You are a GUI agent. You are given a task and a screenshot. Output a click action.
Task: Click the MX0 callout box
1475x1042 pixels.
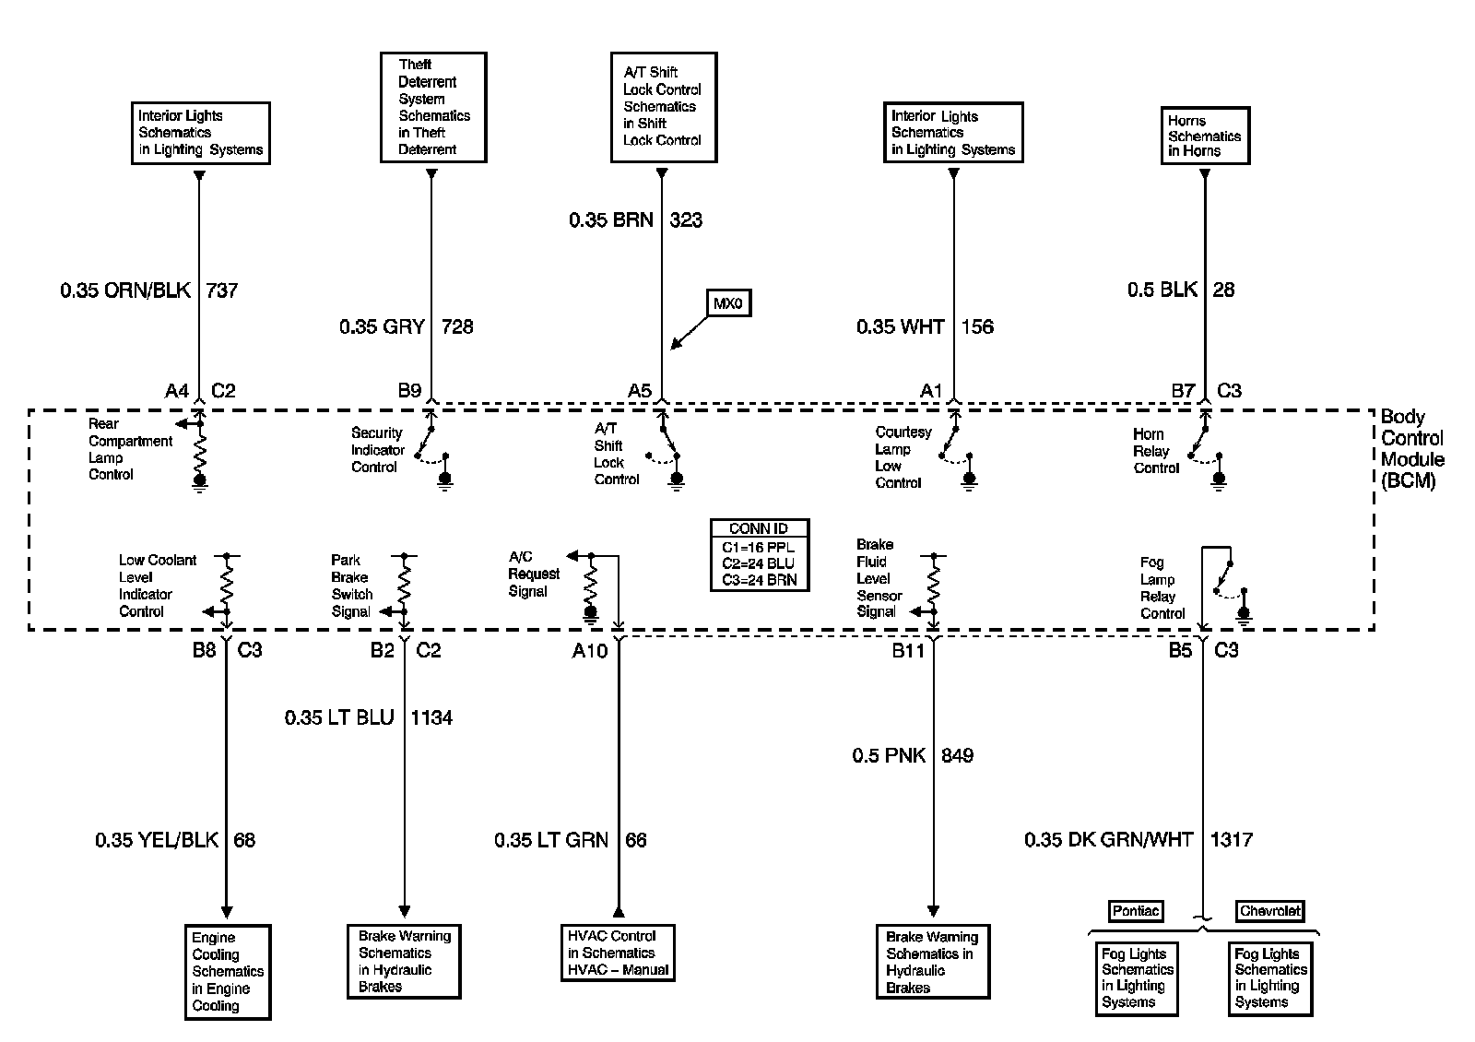[x=728, y=303]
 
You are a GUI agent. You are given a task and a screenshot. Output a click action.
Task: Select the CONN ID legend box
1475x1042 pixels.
[x=759, y=555]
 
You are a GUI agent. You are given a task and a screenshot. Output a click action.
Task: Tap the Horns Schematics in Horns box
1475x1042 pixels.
[x=1204, y=136]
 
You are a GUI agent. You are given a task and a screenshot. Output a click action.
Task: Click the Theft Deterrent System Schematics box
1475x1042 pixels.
[x=433, y=107]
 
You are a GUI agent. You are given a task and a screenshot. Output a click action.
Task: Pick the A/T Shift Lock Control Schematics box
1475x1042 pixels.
[x=663, y=107]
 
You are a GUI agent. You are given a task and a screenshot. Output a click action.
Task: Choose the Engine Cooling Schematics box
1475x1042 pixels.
[x=228, y=972]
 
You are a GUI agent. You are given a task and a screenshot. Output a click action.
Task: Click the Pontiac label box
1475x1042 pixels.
[x=1135, y=911]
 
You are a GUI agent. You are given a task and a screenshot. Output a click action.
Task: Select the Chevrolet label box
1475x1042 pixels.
[x=1269, y=911]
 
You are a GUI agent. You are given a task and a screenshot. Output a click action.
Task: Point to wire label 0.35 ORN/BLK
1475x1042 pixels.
[x=125, y=290]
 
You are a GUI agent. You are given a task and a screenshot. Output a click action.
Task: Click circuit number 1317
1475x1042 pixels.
[x=1231, y=840]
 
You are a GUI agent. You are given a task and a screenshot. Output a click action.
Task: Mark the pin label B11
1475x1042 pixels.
[x=907, y=651]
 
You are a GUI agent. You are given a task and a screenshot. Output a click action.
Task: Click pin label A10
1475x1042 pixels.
[x=589, y=651]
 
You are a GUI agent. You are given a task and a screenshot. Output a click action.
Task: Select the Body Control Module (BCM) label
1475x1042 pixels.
[x=1411, y=449]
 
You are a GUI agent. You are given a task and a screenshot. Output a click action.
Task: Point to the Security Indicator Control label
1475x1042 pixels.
[x=378, y=450]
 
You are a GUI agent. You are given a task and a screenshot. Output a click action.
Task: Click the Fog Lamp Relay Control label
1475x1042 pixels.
[x=1162, y=587]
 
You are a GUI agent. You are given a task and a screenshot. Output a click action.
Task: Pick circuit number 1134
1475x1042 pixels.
[x=431, y=718]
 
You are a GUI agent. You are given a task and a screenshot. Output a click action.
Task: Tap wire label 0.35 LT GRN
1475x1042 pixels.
[x=550, y=840]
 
